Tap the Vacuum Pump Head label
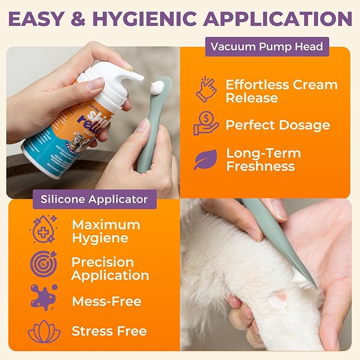[x=267, y=46]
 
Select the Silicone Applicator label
[x=94, y=200]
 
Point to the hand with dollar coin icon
[x=206, y=124]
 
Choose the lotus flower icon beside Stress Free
[x=43, y=331]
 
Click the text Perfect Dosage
[x=277, y=125]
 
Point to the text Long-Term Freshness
[x=264, y=160]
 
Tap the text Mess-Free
[x=106, y=301]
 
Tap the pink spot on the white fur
[x=275, y=301]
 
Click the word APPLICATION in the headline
[x=278, y=19]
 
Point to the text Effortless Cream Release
[x=281, y=91]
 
